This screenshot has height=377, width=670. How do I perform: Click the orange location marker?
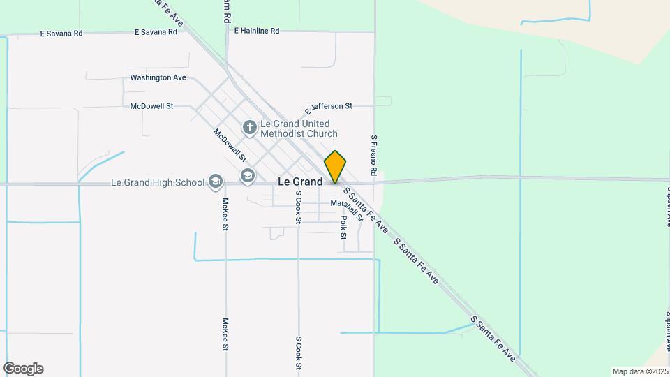(335, 166)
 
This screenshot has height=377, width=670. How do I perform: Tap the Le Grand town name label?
(300, 182)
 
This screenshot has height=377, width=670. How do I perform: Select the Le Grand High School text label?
(158, 183)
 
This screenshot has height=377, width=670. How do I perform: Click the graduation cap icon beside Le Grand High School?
(216, 183)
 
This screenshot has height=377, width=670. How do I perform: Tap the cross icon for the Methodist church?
(249, 128)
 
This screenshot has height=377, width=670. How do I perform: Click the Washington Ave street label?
(158, 77)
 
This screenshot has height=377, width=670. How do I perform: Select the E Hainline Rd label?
(257, 31)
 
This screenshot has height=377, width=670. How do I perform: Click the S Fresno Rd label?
(374, 155)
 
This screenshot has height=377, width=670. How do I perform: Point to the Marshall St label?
(347, 207)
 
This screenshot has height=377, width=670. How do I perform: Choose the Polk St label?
(343, 227)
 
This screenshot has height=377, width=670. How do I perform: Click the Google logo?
(23, 369)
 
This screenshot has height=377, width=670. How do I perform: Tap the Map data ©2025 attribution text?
(640, 371)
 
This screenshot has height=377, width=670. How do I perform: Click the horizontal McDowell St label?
(151, 106)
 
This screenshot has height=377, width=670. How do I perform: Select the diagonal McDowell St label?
(230, 143)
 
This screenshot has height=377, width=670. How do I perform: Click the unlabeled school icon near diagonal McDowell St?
(247, 175)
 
